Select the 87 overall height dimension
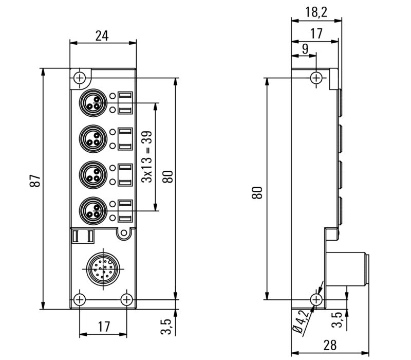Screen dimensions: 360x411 tap(34, 181)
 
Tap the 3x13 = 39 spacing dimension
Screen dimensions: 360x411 tap(147, 157)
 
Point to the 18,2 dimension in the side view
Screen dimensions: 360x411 tap(316, 12)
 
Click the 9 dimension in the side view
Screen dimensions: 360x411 tap(305, 49)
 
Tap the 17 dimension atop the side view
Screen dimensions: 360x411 tap(316, 33)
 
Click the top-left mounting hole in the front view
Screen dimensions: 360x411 tap(79, 78)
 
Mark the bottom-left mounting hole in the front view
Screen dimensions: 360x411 tap(79, 299)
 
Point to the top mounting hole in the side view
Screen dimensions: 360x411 tap(316, 78)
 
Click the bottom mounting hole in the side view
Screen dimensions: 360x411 tap(316, 299)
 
